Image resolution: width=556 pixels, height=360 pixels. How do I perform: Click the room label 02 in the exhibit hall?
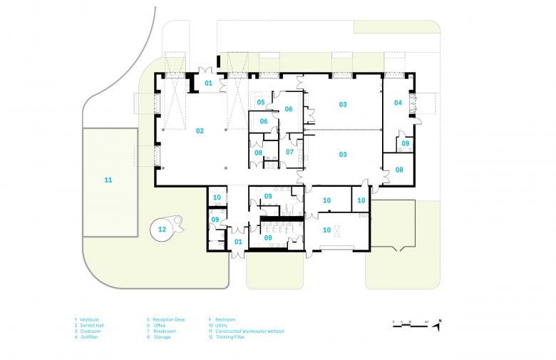(200, 130)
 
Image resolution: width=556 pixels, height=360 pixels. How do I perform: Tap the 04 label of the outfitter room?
(398, 103)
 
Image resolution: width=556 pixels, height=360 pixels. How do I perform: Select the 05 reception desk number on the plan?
(261, 103)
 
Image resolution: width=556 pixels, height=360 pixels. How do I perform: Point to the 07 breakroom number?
(289, 152)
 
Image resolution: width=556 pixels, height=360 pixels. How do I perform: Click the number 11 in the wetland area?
(108, 180)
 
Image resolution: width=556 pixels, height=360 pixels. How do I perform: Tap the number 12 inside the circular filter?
(162, 229)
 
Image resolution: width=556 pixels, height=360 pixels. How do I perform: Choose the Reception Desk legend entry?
(168, 319)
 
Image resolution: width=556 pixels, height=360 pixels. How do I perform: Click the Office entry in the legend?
(160, 325)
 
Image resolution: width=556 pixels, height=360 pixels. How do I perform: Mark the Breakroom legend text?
(163, 331)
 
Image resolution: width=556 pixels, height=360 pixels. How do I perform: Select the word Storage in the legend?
(161, 336)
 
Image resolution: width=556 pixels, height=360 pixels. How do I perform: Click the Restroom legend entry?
(225, 319)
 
